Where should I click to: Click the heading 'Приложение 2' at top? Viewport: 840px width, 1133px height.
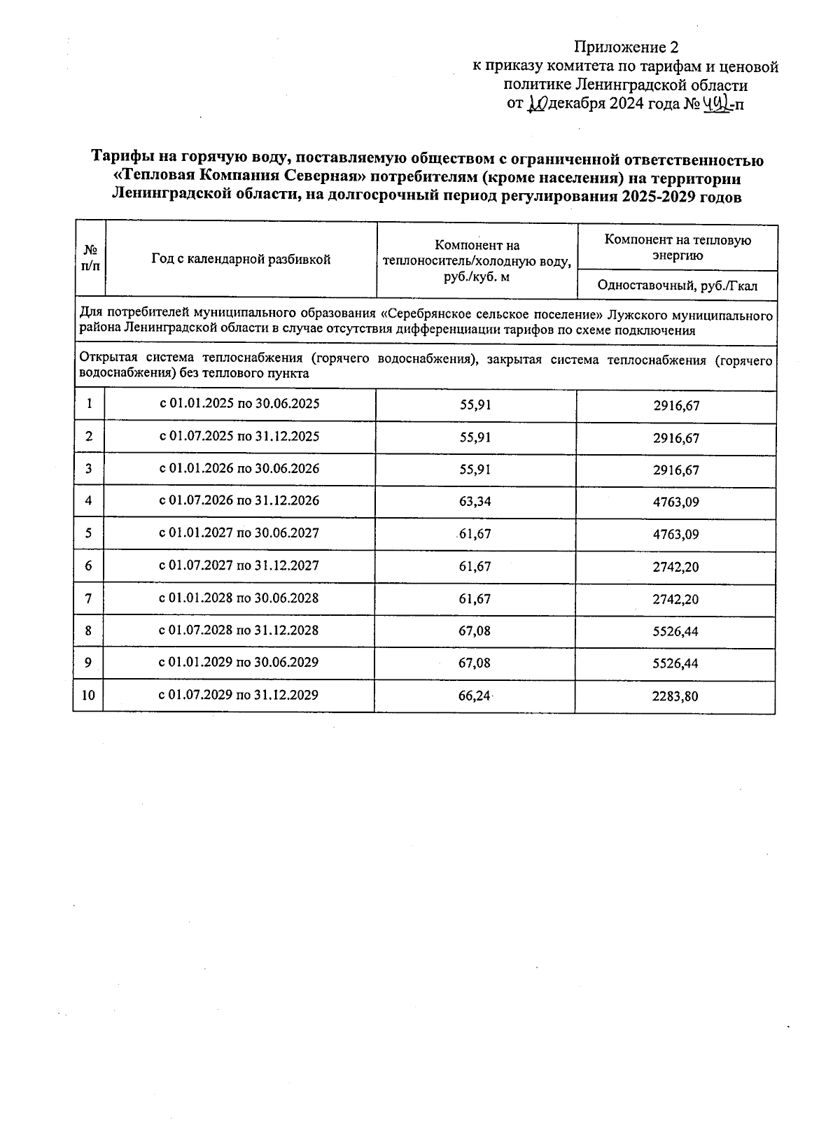626,48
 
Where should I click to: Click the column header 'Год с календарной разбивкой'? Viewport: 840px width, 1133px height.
241,260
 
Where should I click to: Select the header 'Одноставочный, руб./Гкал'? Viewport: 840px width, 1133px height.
677,286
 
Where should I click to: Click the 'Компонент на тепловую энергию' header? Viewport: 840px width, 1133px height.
677,248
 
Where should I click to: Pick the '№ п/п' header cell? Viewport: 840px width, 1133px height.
90,259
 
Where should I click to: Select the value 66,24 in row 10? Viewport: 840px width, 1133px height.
474,696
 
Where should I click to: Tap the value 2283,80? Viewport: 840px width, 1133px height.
675,697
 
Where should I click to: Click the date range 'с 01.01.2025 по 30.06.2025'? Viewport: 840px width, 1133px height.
240,404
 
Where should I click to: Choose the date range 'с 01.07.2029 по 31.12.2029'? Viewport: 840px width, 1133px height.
239,695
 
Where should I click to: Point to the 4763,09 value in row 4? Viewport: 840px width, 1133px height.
675,502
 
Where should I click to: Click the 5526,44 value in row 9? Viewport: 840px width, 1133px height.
675,664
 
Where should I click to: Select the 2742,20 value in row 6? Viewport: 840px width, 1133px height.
675,568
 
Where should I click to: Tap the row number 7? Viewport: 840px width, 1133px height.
89,598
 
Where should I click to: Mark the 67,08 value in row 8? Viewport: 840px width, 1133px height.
474,631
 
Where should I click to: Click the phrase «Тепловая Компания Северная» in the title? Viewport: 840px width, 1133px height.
240,178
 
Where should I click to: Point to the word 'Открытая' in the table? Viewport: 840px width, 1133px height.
103,360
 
